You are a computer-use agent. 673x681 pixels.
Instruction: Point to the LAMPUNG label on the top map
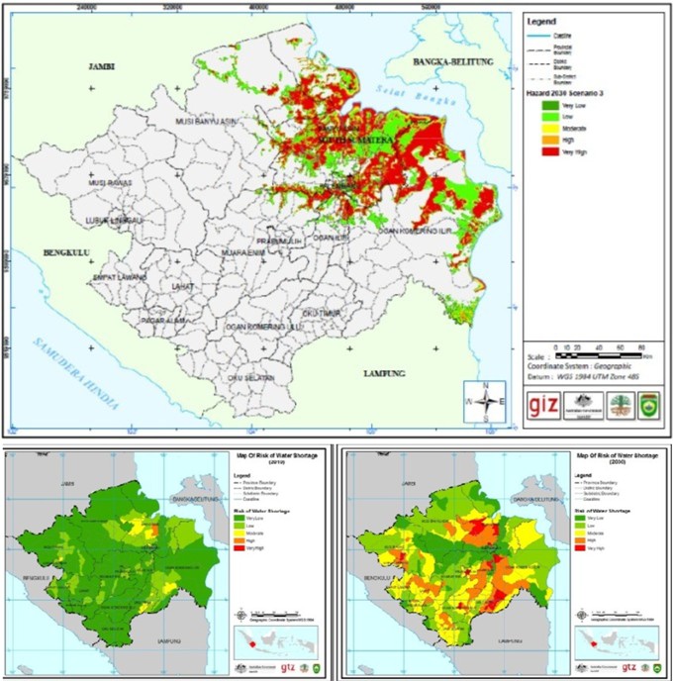[x=386, y=373]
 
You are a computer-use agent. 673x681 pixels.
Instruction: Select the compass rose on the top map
[x=483, y=401]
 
